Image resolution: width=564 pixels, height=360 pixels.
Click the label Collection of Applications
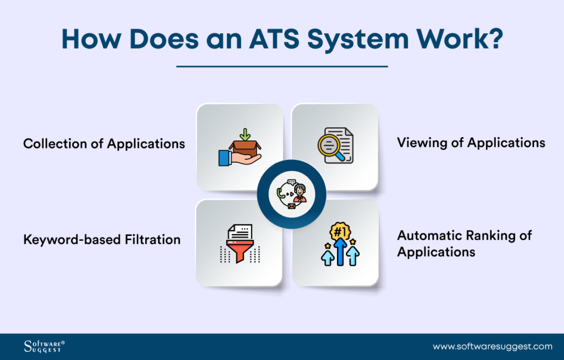[104, 143]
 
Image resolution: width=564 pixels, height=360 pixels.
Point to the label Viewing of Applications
[471, 142]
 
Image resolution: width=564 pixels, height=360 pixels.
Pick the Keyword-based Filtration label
[102, 240]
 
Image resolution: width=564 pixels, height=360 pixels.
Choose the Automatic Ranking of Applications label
[464, 243]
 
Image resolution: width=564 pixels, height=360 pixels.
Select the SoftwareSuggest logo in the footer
[44, 347]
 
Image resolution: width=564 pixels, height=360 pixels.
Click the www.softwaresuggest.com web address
[492, 347]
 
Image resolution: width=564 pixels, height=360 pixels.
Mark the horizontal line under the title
[281, 67]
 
